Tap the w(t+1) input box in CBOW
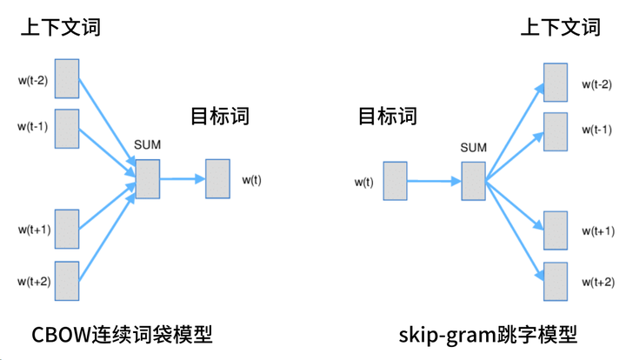(x=67, y=230)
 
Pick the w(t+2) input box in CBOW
(x=67, y=282)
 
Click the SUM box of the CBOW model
(x=148, y=179)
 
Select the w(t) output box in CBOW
(x=217, y=179)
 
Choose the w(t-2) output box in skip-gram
(x=556, y=83)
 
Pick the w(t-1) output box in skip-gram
(x=556, y=131)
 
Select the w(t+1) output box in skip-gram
(x=556, y=231)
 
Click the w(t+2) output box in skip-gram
(x=556, y=282)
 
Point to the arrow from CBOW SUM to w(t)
(x=183, y=179)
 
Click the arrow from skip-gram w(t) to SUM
(x=435, y=182)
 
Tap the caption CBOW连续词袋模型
(x=122, y=335)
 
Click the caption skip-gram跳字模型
(x=488, y=335)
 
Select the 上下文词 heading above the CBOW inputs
(x=60, y=27)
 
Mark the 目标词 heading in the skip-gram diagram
(x=387, y=116)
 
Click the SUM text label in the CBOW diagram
(x=148, y=143)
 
